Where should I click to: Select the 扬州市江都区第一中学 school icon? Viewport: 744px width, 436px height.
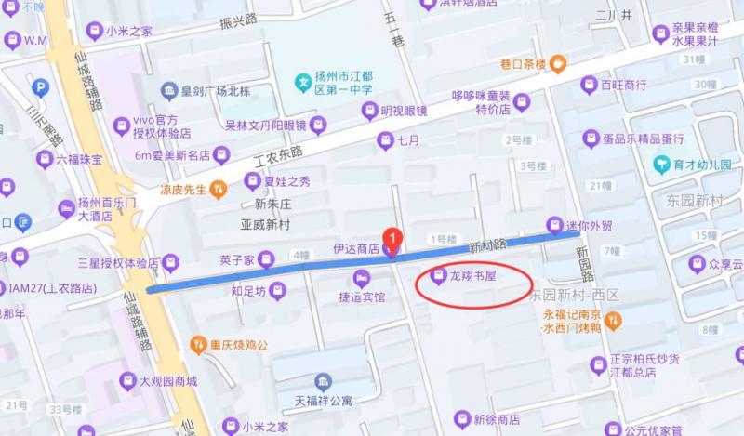(302, 83)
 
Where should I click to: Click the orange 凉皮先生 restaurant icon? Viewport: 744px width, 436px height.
(219, 189)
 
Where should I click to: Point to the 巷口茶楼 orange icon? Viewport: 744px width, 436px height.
(558, 64)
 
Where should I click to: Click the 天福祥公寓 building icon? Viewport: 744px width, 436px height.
(323, 383)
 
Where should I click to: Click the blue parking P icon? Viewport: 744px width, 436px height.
(40, 88)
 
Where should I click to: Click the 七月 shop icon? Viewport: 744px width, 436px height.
(385, 141)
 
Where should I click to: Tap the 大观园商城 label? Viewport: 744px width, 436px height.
(168, 381)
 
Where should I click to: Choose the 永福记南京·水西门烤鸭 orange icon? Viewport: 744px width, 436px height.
(612, 321)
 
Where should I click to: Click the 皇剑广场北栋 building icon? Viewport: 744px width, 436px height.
(169, 91)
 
